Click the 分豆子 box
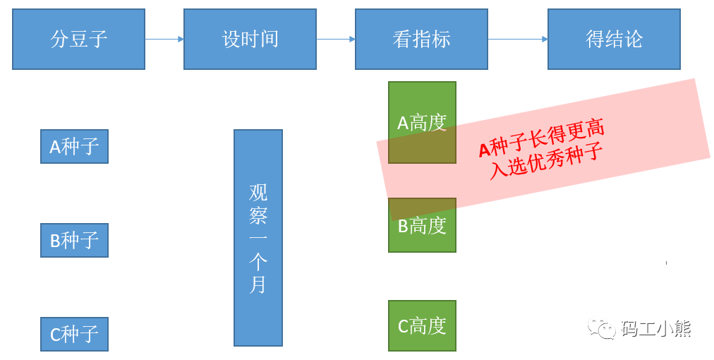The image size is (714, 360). point(78,39)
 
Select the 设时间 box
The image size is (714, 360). point(250,39)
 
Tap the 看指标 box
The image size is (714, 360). point(421,39)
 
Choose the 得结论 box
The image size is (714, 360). point(614,39)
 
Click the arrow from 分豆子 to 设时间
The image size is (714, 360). point(164,39)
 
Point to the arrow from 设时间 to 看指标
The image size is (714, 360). point(335,39)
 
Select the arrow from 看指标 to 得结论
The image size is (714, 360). point(517,39)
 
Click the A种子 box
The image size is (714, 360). point(74,146)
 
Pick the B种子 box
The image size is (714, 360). point(74,240)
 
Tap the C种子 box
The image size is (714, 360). point(74,334)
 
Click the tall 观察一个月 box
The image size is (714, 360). point(258,237)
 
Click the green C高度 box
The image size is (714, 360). point(422,325)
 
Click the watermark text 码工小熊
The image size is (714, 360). point(655,328)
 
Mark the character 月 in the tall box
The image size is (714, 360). point(258,284)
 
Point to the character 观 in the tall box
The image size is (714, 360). point(258,193)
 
